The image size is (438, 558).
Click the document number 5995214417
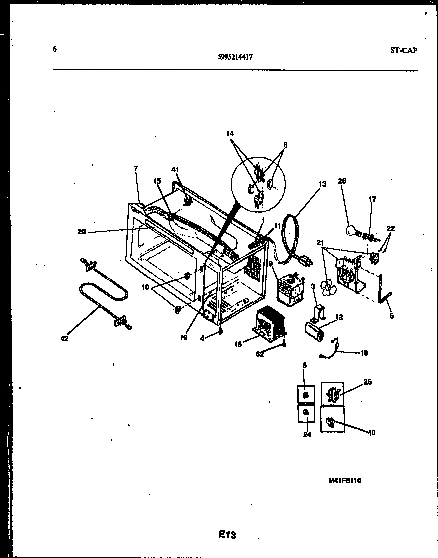[235, 57]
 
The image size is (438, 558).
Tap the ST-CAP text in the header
[404, 50]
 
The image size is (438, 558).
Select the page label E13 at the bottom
[227, 535]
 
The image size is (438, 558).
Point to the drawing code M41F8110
[344, 481]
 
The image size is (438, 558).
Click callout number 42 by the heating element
[64, 339]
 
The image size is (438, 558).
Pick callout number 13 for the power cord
[322, 184]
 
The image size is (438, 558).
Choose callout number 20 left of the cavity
[82, 231]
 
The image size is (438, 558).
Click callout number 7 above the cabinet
[135, 169]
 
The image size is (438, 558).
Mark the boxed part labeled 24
[306, 413]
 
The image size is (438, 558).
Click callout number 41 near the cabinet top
[175, 170]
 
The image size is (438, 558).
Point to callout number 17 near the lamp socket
[372, 199]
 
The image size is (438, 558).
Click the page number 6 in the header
[54, 49]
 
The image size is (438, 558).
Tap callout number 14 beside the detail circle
[230, 134]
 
